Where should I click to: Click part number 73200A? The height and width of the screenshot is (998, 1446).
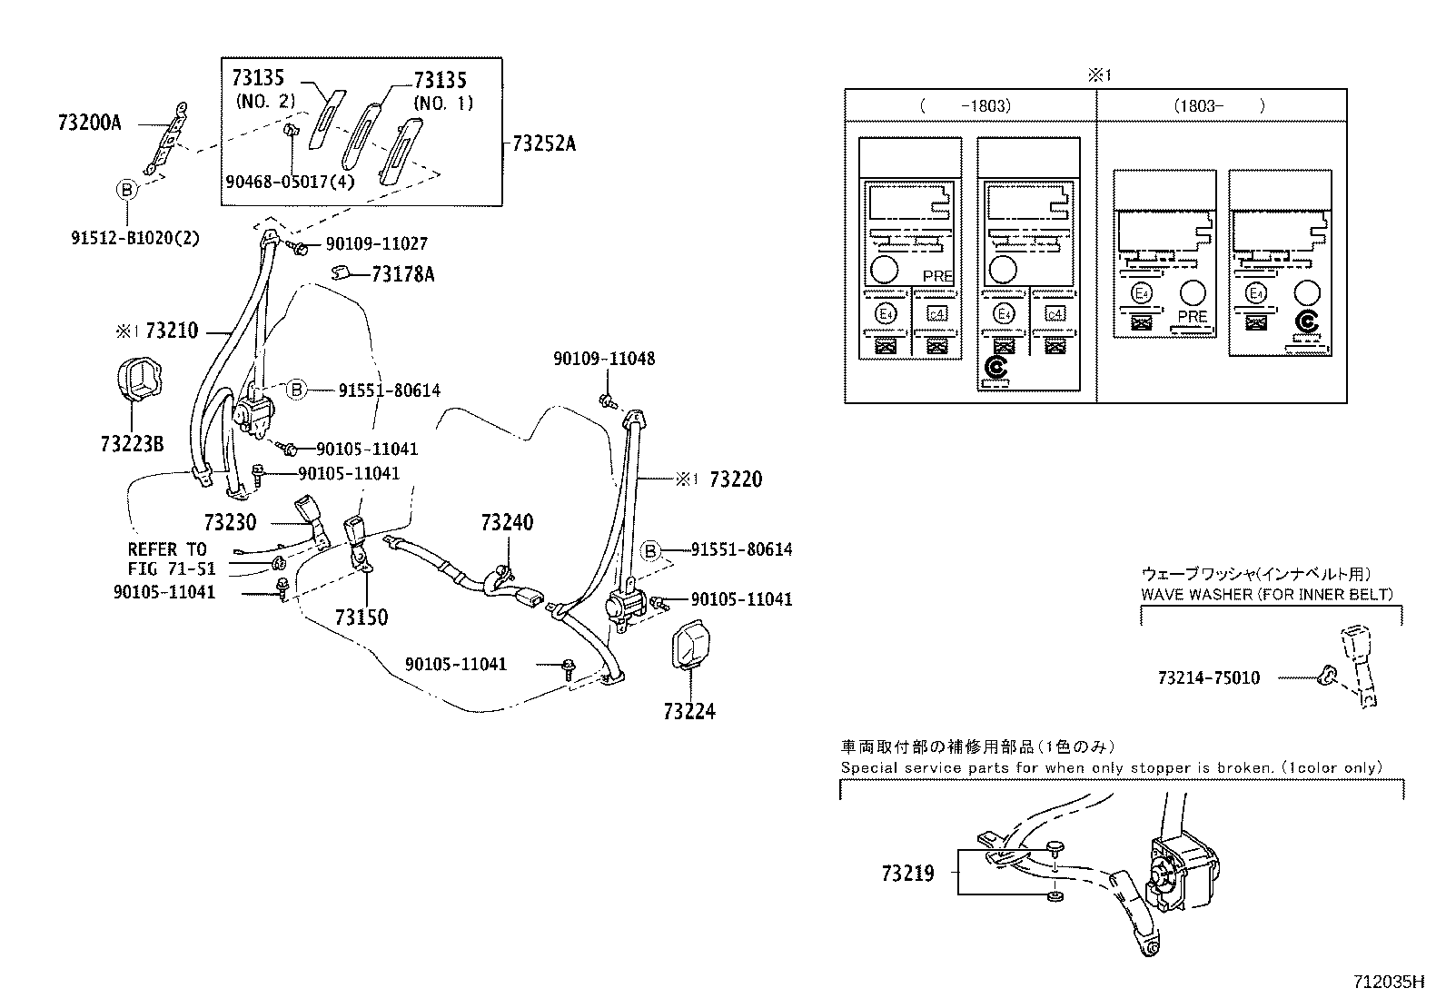(89, 123)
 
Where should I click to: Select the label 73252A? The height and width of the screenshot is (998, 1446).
(544, 143)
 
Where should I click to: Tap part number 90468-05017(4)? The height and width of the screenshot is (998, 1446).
(290, 181)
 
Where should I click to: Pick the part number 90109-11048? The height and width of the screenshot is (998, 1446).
(604, 359)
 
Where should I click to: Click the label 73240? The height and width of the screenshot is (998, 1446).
(507, 523)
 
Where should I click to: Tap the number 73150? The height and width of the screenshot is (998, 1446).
(361, 618)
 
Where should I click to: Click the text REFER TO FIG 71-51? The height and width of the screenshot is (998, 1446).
(171, 559)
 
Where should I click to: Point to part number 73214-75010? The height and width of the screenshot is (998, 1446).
(1209, 677)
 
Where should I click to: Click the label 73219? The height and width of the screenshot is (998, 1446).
(907, 874)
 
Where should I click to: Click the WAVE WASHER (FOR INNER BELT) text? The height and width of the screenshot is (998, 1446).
(1266, 594)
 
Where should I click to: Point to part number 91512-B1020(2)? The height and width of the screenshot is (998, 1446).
(134, 238)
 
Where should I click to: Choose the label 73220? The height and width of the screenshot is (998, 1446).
(735, 479)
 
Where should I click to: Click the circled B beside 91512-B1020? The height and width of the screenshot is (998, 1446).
(127, 190)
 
